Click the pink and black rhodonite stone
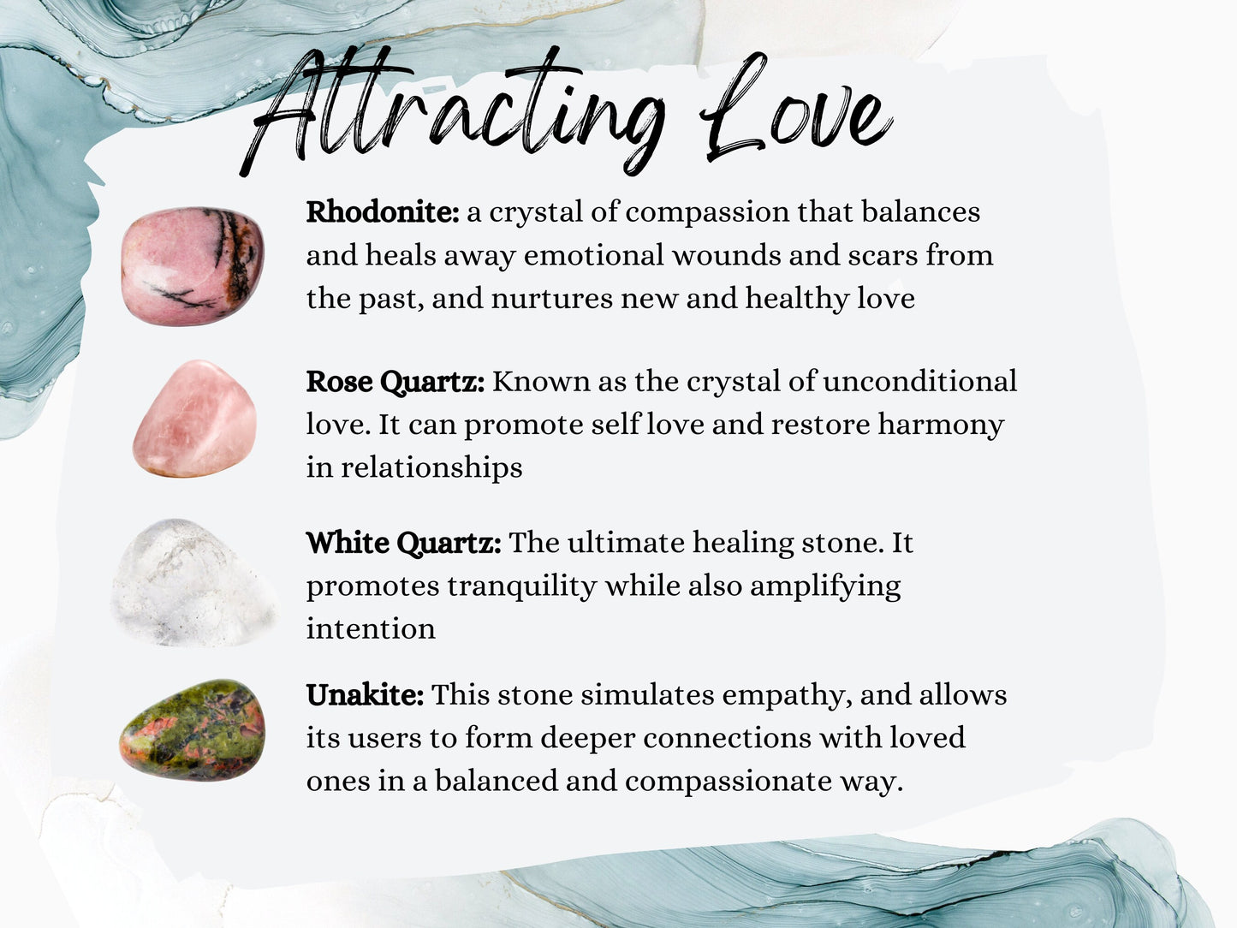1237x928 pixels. pos(193,265)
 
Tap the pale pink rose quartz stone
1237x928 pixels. pos(195,419)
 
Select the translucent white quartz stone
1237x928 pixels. pos(193,582)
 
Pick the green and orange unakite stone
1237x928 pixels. pos(193,730)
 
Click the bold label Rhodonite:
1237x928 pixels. pos(383,211)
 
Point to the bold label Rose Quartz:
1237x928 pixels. pos(395,382)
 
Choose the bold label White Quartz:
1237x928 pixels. pos(403,543)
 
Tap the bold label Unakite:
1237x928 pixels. pos(365,695)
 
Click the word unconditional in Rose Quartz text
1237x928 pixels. pos(919,381)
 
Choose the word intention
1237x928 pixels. pos(371,629)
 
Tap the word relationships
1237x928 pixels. pos(431,468)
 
